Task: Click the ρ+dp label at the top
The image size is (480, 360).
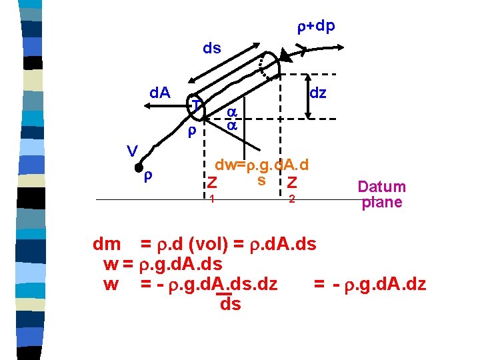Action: point(316,26)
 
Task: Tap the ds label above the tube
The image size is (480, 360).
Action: point(212,49)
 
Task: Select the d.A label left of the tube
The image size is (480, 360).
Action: point(159,92)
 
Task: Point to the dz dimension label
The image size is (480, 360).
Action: point(318,93)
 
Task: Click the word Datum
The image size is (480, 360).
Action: point(381,187)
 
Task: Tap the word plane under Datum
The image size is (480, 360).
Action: point(381,202)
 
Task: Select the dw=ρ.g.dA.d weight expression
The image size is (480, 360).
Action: point(262,165)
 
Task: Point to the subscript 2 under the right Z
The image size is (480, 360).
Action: point(291,199)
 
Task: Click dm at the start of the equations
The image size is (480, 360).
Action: point(107,245)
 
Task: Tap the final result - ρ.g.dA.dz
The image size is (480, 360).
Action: point(369,285)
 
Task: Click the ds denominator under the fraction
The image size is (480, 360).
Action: point(229,305)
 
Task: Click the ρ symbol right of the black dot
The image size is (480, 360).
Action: point(149,177)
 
